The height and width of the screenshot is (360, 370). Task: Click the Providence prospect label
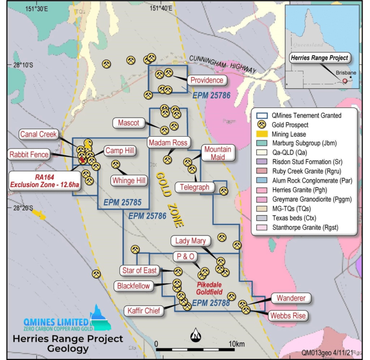tap(207, 80)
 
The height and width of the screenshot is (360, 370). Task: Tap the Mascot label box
tap(129, 123)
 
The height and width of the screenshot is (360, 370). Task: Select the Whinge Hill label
tap(129, 180)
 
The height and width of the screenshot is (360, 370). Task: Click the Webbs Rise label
tap(288, 316)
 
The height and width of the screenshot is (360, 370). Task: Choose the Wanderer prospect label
tap(291, 298)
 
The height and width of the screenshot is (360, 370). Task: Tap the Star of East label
tap(139, 270)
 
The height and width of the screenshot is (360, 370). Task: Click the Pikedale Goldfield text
tap(209, 288)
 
